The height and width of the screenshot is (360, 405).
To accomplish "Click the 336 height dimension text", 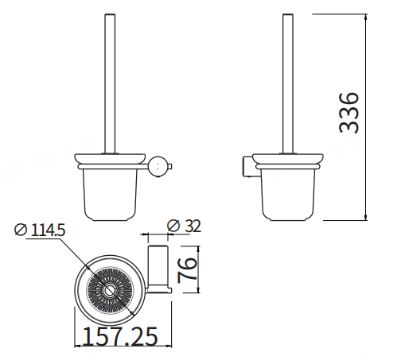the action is [349, 113].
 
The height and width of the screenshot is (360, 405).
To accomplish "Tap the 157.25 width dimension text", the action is [120, 336].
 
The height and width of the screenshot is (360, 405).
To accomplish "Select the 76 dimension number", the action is [188, 270].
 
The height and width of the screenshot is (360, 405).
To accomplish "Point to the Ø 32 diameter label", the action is [184, 226].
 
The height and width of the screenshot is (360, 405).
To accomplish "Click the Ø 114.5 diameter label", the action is [40, 230].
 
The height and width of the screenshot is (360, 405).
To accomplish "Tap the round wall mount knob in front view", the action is [158, 167].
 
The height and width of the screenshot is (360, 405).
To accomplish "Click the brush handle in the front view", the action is [110, 83].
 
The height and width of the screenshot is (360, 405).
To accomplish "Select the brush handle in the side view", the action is [288, 83].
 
